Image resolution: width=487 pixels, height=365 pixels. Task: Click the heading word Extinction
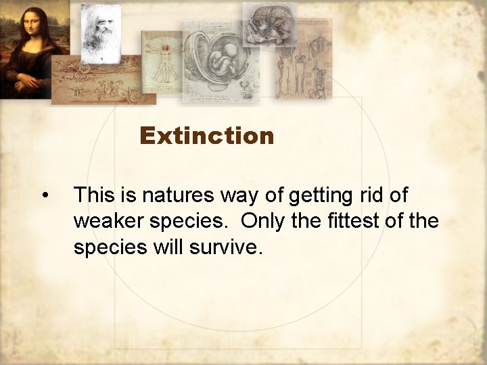(206, 136)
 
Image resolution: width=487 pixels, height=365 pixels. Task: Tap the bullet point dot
(44, 196)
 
